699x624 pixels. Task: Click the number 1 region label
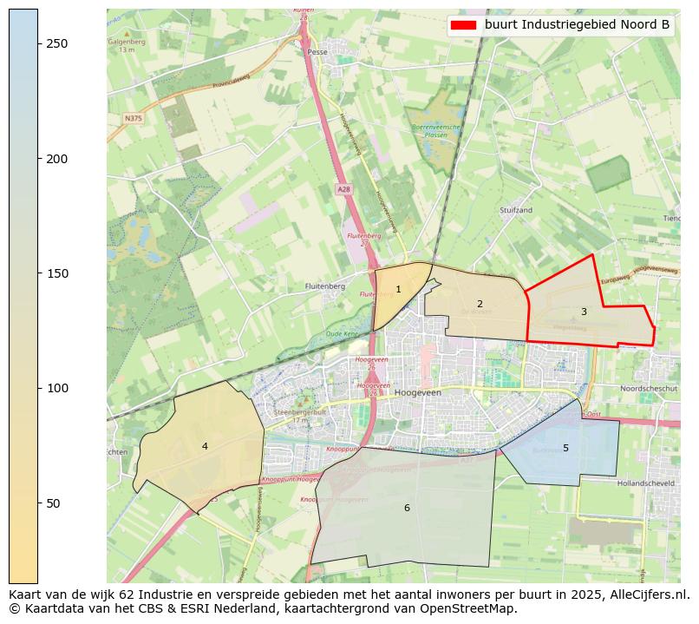click(x=398, y=290)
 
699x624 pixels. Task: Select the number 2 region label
click(x=480, y=304)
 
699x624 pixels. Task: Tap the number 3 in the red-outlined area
click(x=584, y=312)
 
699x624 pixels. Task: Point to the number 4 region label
click(x=205, y=446)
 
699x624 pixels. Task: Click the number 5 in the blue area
click(x=565, y=448)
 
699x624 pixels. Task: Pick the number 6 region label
click(x=406, y=508)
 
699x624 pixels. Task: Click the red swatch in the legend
click(x=465, y=25)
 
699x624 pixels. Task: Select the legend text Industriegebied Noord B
click(x=577, y=25)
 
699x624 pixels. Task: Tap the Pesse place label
click(x=316, y=52)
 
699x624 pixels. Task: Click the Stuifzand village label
click(x=516, y=210)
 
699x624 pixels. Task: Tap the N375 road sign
click(x=133, y=118)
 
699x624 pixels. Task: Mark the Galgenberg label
click(x=127, y=41)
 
